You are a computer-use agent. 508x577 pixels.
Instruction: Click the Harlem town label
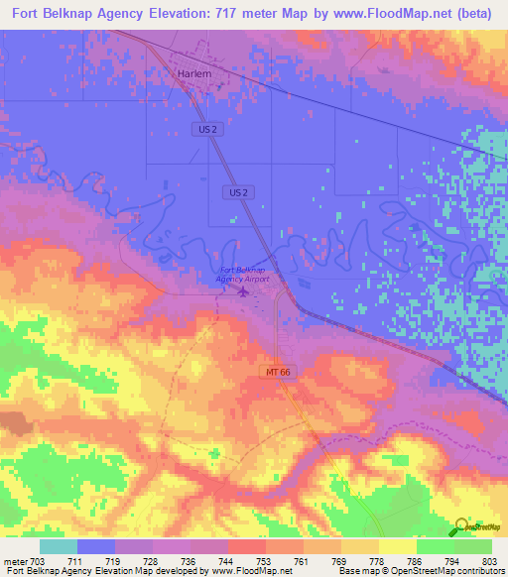195,73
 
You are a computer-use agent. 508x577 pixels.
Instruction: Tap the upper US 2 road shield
202,129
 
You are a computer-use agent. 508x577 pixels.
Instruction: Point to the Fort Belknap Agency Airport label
242,275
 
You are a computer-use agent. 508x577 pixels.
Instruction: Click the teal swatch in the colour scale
59,546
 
